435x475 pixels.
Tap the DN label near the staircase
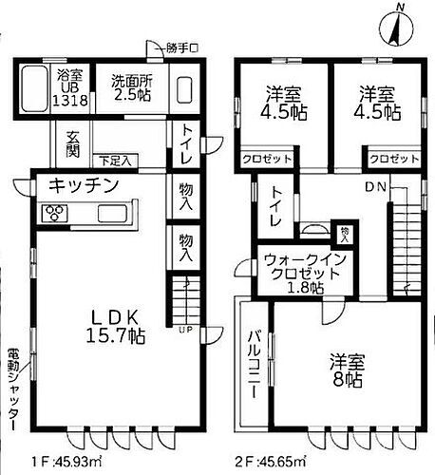tap(374, 186)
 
